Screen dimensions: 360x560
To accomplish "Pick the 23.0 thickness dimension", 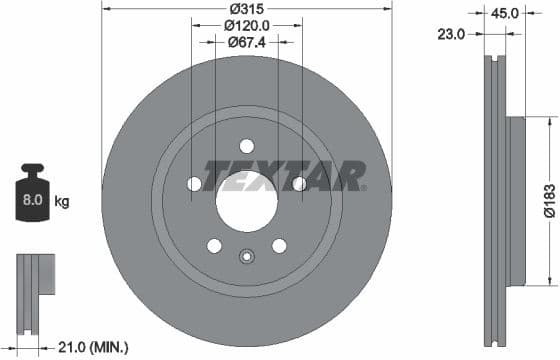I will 453,34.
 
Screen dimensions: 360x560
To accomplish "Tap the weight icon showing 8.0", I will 32,198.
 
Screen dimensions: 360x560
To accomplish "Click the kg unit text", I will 62,201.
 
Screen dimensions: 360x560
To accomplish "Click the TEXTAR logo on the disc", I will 285,177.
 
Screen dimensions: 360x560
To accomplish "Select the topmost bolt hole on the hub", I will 246,146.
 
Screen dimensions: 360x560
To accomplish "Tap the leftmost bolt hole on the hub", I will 194,183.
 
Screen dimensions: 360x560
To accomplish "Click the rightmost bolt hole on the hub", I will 298,183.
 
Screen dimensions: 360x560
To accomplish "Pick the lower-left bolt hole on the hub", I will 214,245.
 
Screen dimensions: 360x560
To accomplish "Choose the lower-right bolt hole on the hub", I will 279,245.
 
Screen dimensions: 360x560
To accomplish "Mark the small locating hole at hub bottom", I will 246,257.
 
